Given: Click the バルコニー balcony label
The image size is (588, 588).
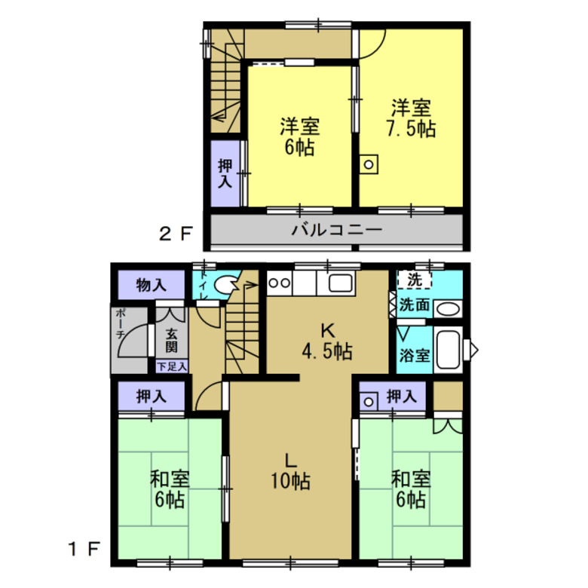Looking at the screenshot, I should pos(337,231).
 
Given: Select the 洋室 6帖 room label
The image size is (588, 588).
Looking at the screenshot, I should pos(299,136).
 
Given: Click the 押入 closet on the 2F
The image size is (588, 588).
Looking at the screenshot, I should pos(225,174).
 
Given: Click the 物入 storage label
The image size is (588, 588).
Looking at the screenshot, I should pos(151,285).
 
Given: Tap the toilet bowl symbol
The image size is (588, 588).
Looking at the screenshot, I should pos(225,285).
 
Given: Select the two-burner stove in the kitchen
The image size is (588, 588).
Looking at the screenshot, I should pos(279,283).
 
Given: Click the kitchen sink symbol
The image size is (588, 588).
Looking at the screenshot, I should pos(337,285).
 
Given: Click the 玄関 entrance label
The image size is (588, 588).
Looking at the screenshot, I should pos(172,340).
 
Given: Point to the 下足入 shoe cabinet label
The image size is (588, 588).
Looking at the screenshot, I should pos(172,366).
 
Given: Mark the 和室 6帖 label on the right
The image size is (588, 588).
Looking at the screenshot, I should pos(411,488).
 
